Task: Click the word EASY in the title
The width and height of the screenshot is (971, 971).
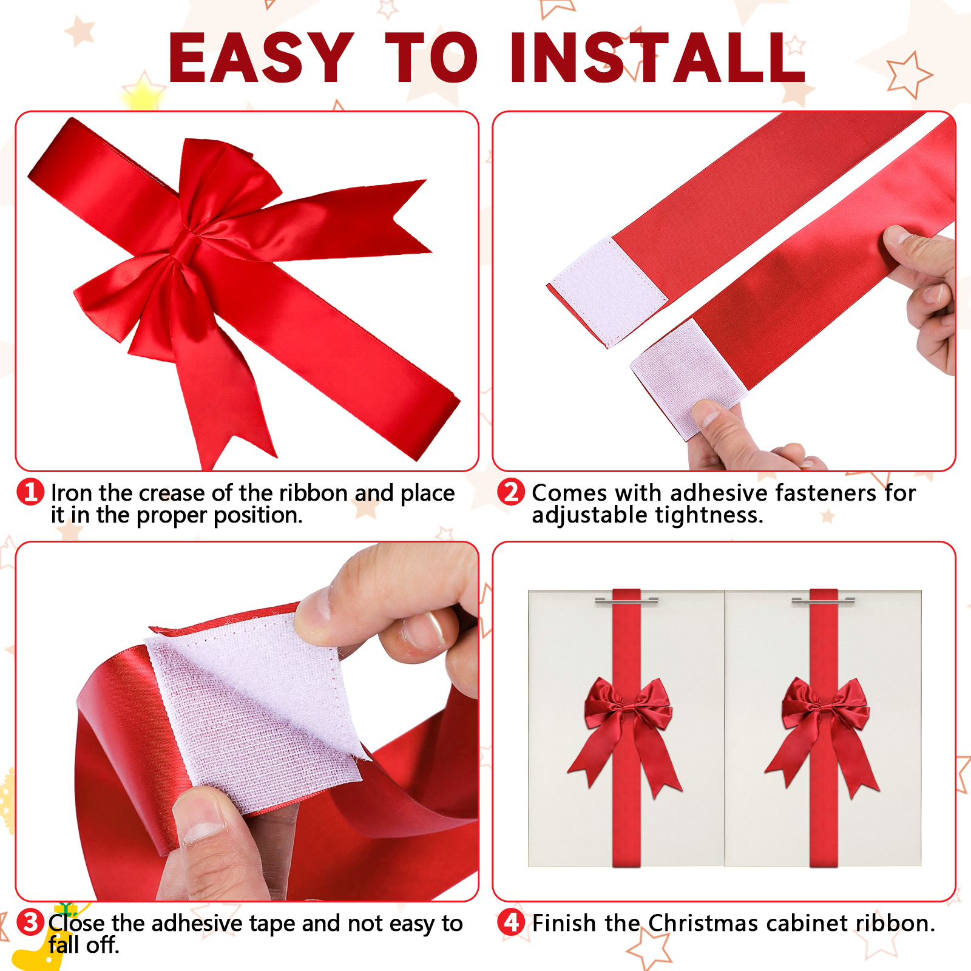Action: [261, 58]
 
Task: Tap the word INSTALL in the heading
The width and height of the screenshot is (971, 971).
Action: [658, 58]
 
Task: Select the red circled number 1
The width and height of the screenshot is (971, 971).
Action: [30, 492]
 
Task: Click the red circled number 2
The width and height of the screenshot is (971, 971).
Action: [511, 492]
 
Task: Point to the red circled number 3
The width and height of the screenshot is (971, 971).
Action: [30, 922]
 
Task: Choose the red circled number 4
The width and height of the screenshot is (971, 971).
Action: [511, 922]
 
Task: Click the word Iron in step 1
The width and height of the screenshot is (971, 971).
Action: [72, 493]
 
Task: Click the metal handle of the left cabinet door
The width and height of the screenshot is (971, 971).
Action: [626, 601]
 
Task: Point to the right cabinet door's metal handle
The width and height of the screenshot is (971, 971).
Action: [824, 601]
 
